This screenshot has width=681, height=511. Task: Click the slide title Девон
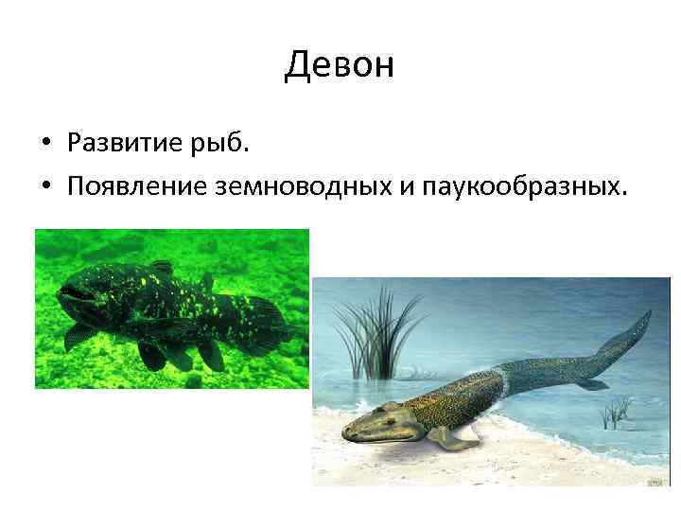click(339, 65)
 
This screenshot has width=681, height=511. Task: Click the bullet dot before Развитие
click(45, 145)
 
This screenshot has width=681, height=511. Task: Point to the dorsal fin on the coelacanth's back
click(163, 268)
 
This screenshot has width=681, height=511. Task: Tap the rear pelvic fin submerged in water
click(591, 384)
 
